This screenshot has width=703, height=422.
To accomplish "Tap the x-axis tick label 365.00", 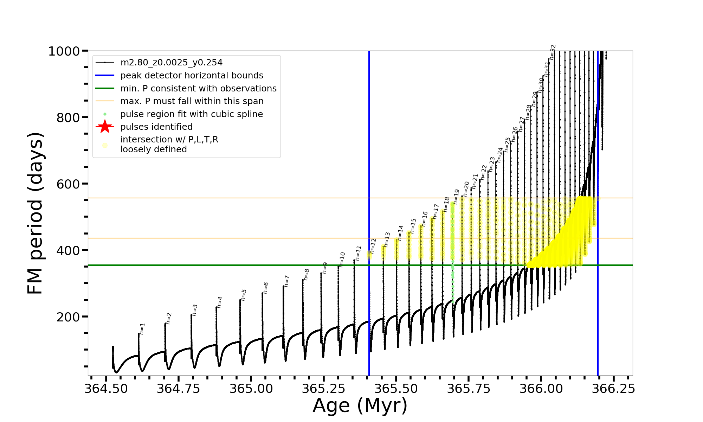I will point(251,389).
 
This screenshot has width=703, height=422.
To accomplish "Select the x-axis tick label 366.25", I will point(614,389).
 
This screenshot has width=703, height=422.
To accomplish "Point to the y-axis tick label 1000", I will point(64,51).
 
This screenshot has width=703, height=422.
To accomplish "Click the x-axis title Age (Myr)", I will point(360,405).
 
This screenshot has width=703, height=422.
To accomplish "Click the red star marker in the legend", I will point(105,127).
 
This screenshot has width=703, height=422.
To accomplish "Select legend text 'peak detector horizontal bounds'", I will point(192,76).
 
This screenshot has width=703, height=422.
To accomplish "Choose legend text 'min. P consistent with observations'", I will point(198,88).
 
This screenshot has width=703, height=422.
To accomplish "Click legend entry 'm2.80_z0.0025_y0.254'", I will point(171,63).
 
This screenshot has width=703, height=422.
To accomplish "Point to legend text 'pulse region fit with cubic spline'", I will point(191,114).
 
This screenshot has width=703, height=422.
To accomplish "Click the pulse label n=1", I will point(142,329).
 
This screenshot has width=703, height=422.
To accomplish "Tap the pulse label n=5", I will point(244,295).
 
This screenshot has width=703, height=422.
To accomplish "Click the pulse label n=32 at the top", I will point(553,52).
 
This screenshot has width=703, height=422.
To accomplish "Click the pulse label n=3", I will point(195,310).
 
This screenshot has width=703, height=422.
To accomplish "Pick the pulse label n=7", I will point(287,281).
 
